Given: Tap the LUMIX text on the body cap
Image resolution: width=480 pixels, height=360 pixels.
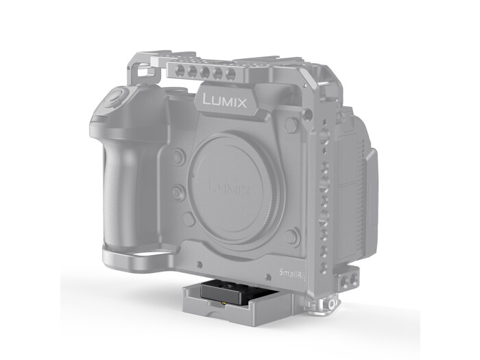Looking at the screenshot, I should tap(229, 185).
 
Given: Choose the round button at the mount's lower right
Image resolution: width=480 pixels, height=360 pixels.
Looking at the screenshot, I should tap(292, 237).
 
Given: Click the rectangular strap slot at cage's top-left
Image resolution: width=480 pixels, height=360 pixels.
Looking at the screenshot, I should tap(143, 71).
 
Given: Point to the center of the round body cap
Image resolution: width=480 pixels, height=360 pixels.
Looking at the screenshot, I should tap(230, 187).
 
